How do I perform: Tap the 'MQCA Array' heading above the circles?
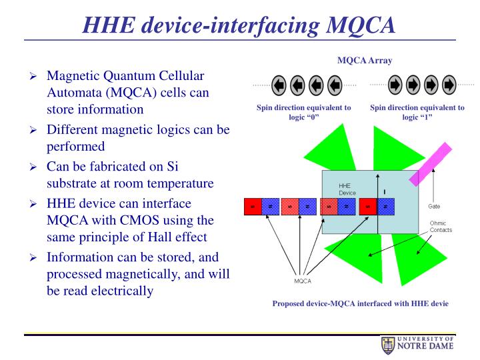[x=365, y=61]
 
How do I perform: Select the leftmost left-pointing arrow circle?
[x=279, y=85]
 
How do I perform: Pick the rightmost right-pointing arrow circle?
[x=449, y=85]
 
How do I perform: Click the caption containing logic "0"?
[x=303, y=112]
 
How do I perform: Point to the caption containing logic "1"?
[x=417, y=112]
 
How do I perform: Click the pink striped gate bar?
[x=427, y=165]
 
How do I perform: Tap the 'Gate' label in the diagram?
[x=434, y=207]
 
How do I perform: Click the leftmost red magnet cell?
[x=253, y=207]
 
